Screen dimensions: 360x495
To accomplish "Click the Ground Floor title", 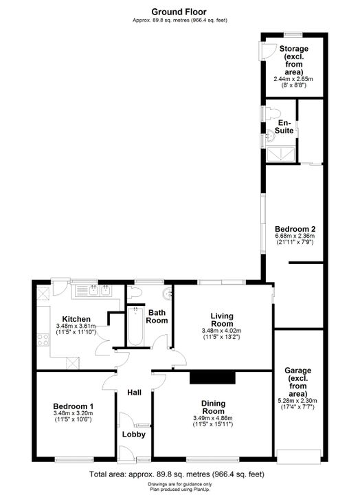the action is tap(179, 12).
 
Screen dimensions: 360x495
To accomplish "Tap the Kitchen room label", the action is tap(76, 319).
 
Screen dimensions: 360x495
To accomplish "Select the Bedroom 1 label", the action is tap(74, 406).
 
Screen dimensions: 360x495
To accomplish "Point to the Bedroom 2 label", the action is tap(295, 229).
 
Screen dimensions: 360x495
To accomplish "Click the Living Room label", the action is tap(222, 320).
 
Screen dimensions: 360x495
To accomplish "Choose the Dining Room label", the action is tap(213, 407).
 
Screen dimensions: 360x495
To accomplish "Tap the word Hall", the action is tap(135, 393).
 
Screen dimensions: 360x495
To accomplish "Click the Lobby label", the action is tap(134, 434).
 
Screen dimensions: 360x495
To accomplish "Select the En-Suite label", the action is tap(284, 126).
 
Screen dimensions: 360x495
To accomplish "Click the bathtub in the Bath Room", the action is tap(135, 326).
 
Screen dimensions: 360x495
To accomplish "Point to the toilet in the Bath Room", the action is tap(135, 293).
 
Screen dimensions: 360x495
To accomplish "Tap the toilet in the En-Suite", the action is tap(273, 113).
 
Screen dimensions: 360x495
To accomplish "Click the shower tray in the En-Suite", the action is tap(281, 155).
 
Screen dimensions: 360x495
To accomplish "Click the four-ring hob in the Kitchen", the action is tap(43, 340).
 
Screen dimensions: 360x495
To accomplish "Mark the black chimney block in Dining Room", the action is tap(213, 377).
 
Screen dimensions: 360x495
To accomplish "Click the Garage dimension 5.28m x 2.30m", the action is tap(298, 401).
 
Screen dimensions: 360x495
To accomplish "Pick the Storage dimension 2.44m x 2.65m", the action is tap(293, 79).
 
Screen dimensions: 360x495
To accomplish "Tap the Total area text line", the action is tap(177, 474).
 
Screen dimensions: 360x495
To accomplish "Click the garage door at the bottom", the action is tap(299, 456).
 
